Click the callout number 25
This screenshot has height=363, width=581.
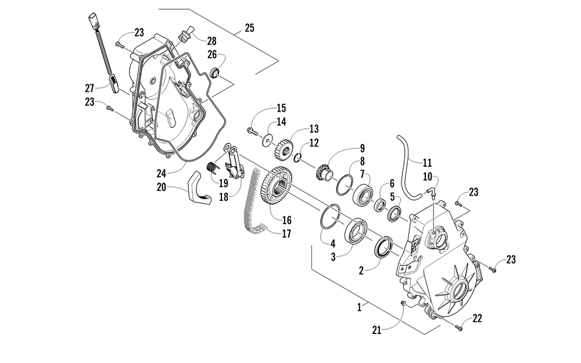[249, 27]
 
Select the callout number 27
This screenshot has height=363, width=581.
[89, 88]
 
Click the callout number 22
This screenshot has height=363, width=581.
[477, 318]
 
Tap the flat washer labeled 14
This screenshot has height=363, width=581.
[267, 139]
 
